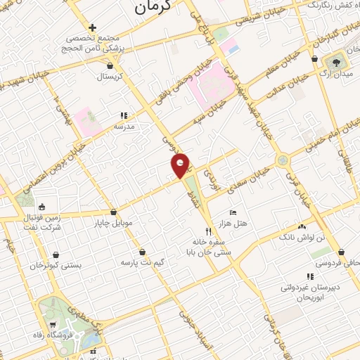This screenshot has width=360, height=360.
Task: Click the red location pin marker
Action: tap(181, 165)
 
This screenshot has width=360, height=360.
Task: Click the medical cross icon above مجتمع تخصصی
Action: tap(92, 27)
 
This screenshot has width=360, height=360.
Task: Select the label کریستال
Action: tap(110, 76)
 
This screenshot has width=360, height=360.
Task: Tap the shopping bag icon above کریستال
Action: tap(120, 63)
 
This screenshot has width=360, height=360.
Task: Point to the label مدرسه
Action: tap(124, 127)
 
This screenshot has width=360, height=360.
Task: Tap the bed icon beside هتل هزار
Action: tap(233, 212)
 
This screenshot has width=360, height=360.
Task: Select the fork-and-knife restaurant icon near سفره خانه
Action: tap(207, 231)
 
